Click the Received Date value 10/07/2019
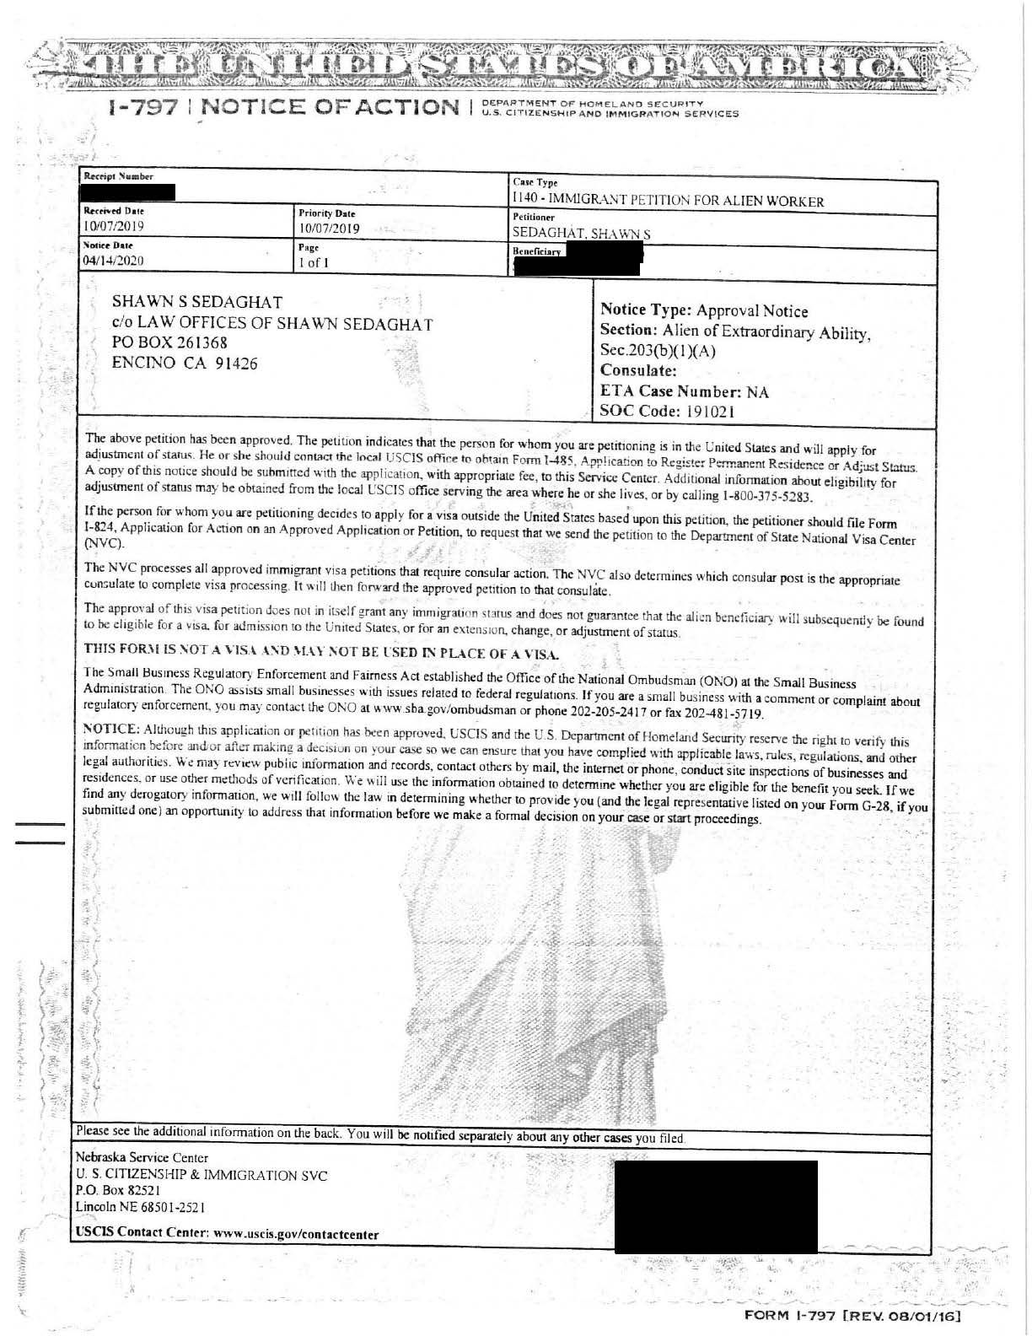click(113, 227)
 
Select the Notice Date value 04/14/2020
click(113, 261)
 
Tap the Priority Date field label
click(327, 213)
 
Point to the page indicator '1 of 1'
click(313, 263)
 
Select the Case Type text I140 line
click(668, 201)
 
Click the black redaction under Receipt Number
click(129, 192)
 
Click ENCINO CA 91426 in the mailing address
click(185, 364)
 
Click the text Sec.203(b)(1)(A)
click(658, 351)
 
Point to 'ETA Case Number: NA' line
click(684, 392)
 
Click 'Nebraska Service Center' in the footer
click(142, 1157)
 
